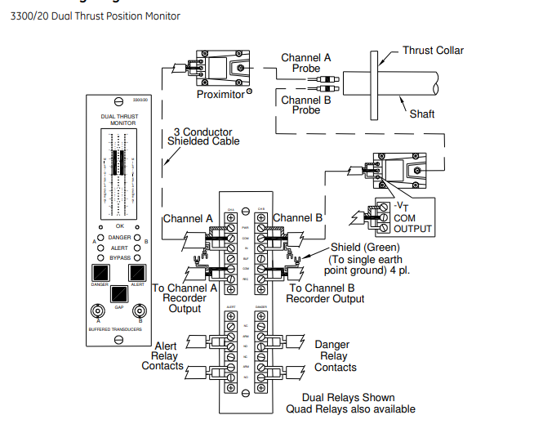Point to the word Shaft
423,114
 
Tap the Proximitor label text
220,95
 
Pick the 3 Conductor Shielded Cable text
203,136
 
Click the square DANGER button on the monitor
100,272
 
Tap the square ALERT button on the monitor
138,272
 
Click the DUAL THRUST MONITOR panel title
119,119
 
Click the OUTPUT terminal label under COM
413,229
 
